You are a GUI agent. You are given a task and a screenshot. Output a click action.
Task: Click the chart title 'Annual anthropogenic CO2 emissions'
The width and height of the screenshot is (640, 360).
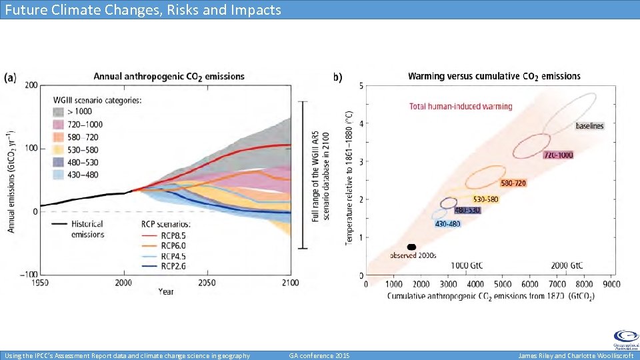(169, 77)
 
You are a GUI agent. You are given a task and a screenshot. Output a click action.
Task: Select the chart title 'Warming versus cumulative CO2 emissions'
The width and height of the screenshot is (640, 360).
(494, 77)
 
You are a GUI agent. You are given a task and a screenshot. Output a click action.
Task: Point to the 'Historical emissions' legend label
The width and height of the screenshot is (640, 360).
(88, 229)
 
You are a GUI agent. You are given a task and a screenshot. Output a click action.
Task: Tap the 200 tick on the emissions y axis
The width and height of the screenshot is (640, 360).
(31, 85)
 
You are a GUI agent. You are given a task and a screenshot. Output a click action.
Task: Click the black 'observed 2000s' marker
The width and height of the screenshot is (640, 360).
(411, 247)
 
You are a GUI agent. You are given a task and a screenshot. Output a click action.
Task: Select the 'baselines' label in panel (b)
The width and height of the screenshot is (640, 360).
(589, 126)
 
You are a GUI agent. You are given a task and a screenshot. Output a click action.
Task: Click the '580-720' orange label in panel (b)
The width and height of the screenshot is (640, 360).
(513, 183)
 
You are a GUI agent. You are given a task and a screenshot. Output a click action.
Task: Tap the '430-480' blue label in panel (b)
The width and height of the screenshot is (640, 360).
(447, 224)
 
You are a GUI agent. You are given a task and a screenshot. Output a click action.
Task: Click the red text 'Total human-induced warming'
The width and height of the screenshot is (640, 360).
(461, 106)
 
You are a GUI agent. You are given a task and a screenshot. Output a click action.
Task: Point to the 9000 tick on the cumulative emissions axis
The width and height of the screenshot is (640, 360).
(611, 284)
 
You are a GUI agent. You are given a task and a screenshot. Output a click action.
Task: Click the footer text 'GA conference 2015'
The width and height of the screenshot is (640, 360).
(319, 355)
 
